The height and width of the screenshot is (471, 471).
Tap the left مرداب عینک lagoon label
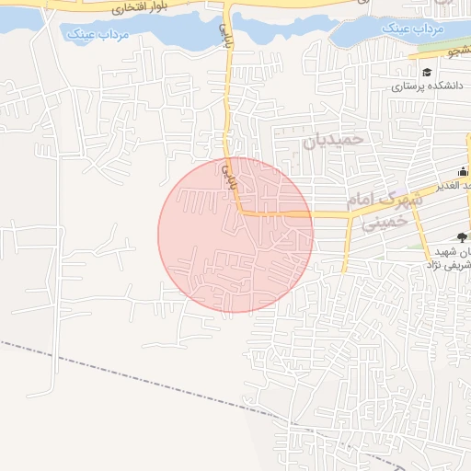tap(96, 36)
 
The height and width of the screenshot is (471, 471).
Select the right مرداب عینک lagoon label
tap(413, 29)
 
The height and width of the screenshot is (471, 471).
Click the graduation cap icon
tap(426, 73)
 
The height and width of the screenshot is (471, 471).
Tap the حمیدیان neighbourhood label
tap(334, 139)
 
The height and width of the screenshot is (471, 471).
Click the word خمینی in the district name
tap(383, 222)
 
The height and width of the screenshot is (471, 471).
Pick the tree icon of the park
tap(461, 237)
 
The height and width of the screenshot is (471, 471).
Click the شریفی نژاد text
tap(445, 265)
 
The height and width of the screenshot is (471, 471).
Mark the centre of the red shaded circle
tap(235, 235)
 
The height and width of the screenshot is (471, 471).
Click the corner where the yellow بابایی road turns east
tap(241, 213)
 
